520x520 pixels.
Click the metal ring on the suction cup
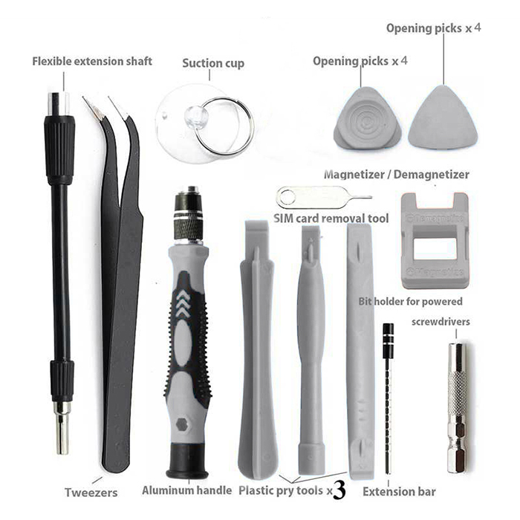pos(197,139)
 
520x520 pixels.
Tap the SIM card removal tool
pos(323,198)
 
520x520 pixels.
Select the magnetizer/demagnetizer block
pos(435,241)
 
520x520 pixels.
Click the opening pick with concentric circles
pos(368,119)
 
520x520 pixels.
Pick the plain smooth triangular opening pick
pos(443,117)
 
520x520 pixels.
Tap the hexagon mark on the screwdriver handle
pos(181,424)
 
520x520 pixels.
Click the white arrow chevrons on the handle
pos(183,303)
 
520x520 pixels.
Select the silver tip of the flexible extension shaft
pos(62,428)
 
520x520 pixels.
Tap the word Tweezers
pos(91,493)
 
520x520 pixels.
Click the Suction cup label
pos(213,63)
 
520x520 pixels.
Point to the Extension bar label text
pos(399,492)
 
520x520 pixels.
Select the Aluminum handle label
pos(186,490)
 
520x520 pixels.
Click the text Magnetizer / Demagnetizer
pos(396,175)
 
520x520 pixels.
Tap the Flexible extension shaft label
pos(92,62)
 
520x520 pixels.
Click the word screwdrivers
pos(441,322)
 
